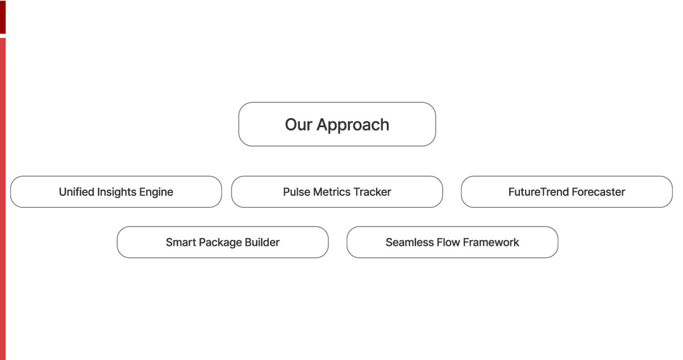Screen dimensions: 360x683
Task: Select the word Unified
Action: (x=76, y=192)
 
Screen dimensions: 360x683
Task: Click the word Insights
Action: (x=118, y=192)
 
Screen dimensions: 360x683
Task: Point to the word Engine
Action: (x=157, y=192)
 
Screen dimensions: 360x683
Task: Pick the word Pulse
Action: (x=297, y=192)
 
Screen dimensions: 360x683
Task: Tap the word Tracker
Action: (x=373, y=192)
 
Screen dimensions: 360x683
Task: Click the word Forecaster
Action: (x=598, y=192)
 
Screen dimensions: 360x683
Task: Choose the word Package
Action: (x=219, y=243)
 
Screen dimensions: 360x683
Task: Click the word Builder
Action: (x=262, y=242)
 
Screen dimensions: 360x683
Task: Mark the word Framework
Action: (x=492, y=242)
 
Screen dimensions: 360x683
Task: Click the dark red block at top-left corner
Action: (x=3, y=17)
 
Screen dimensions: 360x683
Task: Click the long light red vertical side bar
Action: (x=3, y=199)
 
